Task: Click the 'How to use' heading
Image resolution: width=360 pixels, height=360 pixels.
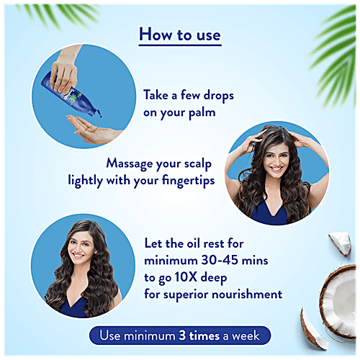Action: pyautogui.click(x=180, y=35)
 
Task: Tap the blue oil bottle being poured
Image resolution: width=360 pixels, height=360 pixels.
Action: pyautogui.click(x=72, y=94)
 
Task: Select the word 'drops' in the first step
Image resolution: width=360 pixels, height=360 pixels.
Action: pyautogui.click(x=218, y=96)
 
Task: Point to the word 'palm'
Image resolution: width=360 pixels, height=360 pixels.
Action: pyautogui.click(x=202, y=113)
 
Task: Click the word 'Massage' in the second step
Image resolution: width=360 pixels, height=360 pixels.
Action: pyautogui.click(x=130, y=164)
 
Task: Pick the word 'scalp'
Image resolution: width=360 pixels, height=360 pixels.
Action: pyautogui.click(x=198, y=164)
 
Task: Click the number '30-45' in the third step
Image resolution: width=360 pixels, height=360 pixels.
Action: pyautogui.click(x=220, y=260)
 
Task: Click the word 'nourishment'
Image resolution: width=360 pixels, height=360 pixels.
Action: pyautogui.click(x=247, y=294)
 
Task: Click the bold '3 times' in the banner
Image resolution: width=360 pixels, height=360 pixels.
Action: pyautogui.click(x=199, y=336)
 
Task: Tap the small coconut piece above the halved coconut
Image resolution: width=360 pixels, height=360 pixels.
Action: pyautogui.click(x=341, y=243)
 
